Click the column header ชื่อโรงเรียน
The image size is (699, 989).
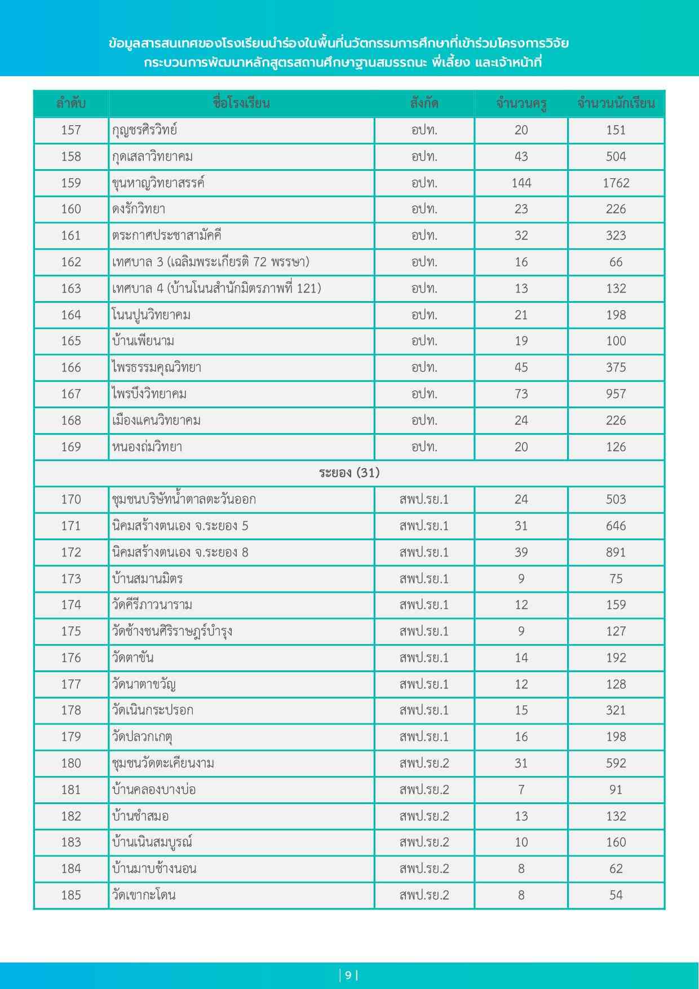pyautogui.click(x=241, y=104)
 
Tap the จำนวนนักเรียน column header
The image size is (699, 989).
pyautogui.click(x=616, y=104)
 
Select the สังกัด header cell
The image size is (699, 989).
pyautogui.click(x=424, y=104)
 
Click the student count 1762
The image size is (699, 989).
pyautogui.click(x=616, y=183)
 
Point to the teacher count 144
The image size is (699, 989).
pyautogui.click(x=521, y=183)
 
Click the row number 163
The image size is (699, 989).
pyautogui.click(x=71, y=288)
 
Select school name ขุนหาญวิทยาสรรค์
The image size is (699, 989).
pyautogui.click(x=158, y=183)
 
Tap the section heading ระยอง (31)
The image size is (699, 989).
pyautogui.click(x=349, y=473)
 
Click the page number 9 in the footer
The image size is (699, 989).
pyautogui.click(x=348, y=975)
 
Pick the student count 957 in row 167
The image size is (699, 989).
pyautogui.click(x=616, y=394)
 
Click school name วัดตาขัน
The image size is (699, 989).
pyautogui.click(x=133, y=657)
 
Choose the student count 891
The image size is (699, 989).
pyautogui.click(x=616, y=552)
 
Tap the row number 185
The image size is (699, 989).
pyautogui.click(x=71, y=895)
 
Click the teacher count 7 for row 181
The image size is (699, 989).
pyautogui.click(x=521, y=789)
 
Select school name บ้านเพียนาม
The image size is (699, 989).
pyautogui.click(x=143, y=341)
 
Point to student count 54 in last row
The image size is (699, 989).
pyautogui.click(x=616, y=895)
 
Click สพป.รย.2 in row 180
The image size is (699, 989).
pyautogui.click(x=424, y=763)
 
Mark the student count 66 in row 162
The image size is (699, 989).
pyautogui.click(x=616, y=262)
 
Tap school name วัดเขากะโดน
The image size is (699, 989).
pyautogui.click(x=144, y=895)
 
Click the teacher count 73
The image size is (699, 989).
pyautogui.click(x=521, y=394)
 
